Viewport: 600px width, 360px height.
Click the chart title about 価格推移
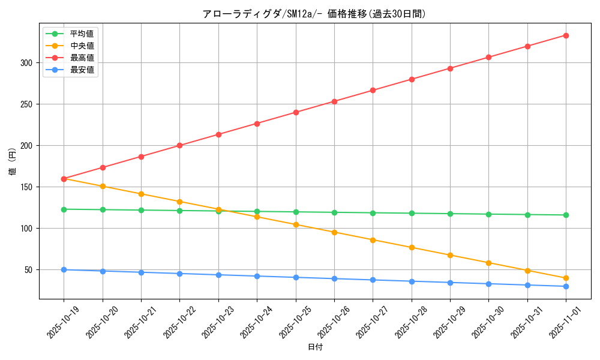[315, 14]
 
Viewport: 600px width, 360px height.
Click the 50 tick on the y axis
[30, 270]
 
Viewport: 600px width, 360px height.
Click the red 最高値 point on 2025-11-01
[566, 35]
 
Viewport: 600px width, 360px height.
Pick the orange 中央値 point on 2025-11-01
[566, 278]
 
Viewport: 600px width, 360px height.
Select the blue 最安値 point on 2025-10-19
[64, 270]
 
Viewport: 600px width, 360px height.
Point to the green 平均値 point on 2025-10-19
[64, 209]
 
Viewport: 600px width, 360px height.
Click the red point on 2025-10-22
[179, 146]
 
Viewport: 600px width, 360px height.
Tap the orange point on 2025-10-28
[412, 248]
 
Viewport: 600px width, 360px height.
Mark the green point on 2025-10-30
[488, 214]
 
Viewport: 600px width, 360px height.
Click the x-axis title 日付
[315, 347]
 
